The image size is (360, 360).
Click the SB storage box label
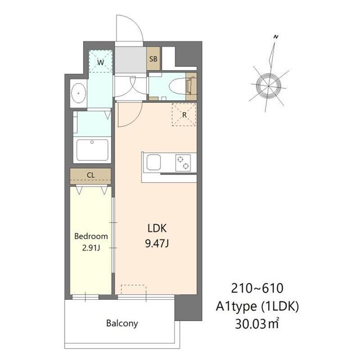[153, 58]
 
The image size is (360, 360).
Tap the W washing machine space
[101, 61]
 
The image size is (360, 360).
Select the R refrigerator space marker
[184, 115]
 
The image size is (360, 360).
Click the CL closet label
[91, 175]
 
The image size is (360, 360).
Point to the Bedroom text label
[91, 236]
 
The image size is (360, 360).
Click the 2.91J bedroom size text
[91, 248]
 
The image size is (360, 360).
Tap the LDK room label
[157, 228]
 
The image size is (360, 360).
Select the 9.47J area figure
[157, 244]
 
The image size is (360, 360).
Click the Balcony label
[122, 323]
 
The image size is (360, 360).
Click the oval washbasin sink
[79, 93]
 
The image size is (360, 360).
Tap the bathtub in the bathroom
[92, 150]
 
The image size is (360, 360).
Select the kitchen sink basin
[154, 163]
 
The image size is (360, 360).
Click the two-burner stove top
[183, 163]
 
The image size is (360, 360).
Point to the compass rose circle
[269, 85]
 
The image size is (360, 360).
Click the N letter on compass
[276, 37]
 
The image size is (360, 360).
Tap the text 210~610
[257, 289]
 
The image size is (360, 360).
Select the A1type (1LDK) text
[257, 306]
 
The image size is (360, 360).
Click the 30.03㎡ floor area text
[257, 324]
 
